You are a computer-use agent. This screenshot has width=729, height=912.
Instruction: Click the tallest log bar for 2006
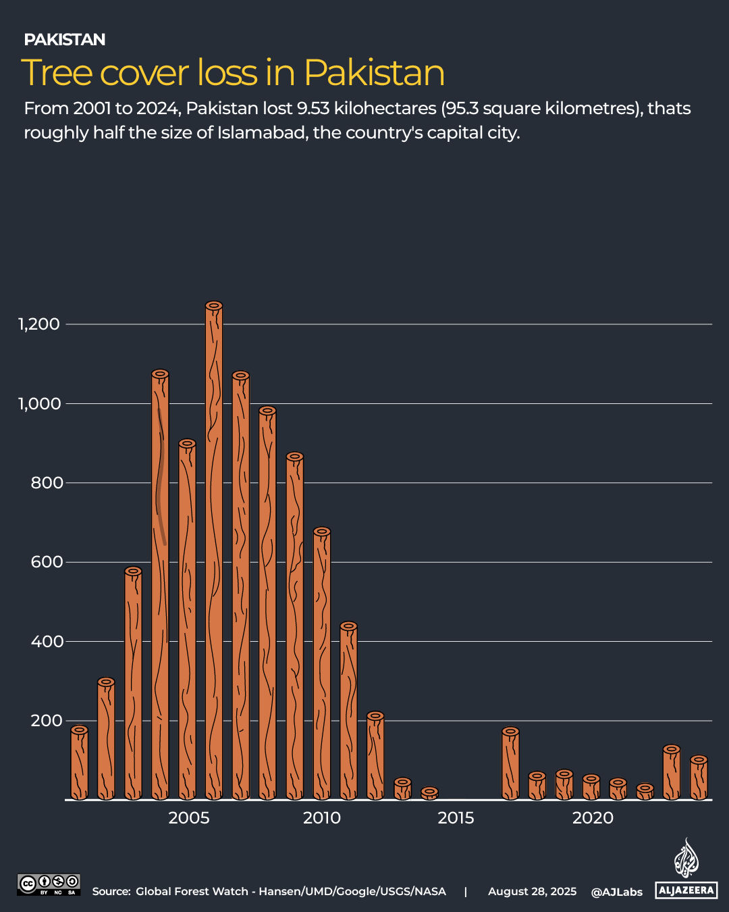214,554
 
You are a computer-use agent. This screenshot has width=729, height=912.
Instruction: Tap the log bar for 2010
322,665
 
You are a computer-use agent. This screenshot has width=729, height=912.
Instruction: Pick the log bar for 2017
510,765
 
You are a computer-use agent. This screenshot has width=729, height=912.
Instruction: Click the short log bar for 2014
429,794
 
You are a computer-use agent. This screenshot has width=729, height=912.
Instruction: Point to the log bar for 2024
699,780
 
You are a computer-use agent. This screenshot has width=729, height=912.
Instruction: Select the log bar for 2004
160,588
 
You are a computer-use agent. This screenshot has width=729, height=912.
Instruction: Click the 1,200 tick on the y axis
39,324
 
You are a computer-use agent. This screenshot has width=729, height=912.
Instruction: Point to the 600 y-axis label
47,562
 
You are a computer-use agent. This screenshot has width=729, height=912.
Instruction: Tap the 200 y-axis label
47,721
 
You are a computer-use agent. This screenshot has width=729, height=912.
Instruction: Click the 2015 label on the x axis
456,818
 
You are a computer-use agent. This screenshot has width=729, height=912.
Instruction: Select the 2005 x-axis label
188,818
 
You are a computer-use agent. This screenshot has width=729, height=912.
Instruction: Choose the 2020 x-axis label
593,818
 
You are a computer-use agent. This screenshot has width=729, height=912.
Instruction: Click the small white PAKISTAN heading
65,40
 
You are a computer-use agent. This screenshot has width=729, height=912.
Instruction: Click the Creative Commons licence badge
49,884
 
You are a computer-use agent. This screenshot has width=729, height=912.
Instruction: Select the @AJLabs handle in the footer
616,892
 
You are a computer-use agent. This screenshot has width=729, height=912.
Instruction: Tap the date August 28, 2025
532,892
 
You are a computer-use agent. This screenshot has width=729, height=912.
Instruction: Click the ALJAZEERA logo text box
686,890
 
